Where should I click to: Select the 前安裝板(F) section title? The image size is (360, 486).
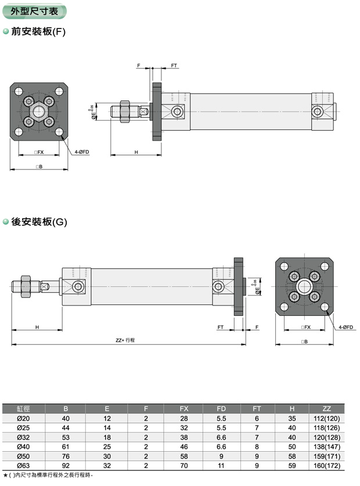(x=38, y=32)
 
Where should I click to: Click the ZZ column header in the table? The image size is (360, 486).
(x=326, y=409)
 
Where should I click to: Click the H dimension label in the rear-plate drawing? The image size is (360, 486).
(x=37, y=327)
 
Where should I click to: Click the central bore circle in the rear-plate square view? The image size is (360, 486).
(x=305, y=286)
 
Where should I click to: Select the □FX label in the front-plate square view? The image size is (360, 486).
(x=39, y=152)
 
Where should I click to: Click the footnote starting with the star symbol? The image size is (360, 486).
(x=48, y=476)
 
